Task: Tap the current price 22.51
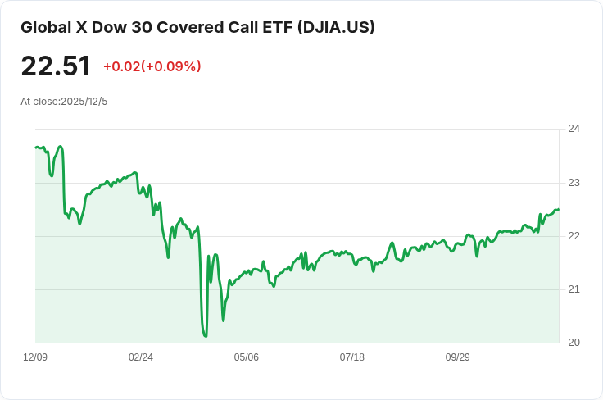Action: pyautogui.click(x=56, y=66)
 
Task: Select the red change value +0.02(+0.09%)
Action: pyautogui.click(x=152, y=66)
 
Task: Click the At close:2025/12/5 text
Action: pyautogui.click(x=64, y=102)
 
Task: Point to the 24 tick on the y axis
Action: pyautogui.click(x=574, y=129)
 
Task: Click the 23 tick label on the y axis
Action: pyautogui.click(x=574, y=183)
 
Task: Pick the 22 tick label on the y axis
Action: pyautogui.click(x=574, y=236)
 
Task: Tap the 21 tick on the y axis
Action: pyautogui.click(x=574, y=289)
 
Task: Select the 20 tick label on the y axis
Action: pyautogui.click(x=574, y=343)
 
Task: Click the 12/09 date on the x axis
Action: pyautogui.click(x=35, y=357)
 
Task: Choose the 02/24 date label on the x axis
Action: pyautogui.click(x=141, y=357)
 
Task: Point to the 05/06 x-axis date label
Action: pyautogui.click(x=246, y=357)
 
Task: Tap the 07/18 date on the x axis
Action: pyautogui.click(x=351, y=357)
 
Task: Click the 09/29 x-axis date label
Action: pyautogui.click(x=458, y=357)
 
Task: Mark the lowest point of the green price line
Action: pyautogui.click(x=206, y=337)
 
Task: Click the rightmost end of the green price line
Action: pyautogui.click(x=559, y=210)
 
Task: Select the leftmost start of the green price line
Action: pyautogui.click(x=36, y=147)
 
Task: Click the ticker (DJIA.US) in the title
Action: pyautogui.click(x=336, y=27)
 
